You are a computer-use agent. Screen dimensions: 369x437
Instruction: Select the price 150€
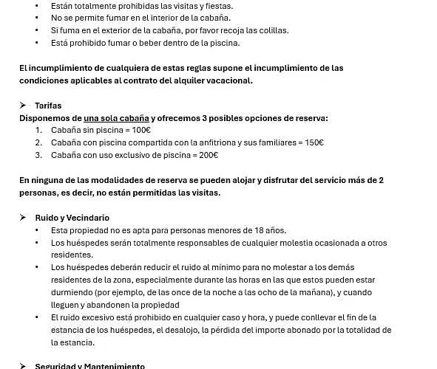click(314, 142)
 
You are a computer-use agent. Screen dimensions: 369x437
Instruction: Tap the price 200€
click(208, 155)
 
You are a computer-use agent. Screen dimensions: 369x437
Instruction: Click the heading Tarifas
click(48, 106)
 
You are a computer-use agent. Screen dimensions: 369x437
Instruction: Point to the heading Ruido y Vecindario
click(72, 218)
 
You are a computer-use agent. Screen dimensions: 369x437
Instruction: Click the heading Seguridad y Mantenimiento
click(89, 366)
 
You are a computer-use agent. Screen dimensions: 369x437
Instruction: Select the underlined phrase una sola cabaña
click(116, 118)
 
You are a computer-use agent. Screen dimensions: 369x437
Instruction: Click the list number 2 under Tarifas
click(38, 142)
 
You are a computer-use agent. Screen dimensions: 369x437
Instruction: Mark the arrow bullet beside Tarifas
click(23, 106)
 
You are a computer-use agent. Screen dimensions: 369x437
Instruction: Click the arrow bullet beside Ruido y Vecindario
click(23, 218)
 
